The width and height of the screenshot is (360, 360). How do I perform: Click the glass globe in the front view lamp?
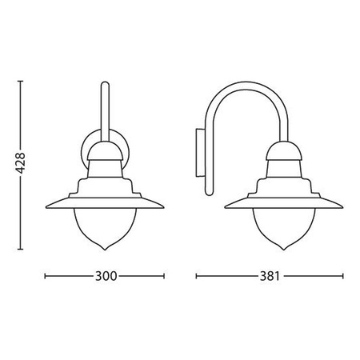coord(106,225)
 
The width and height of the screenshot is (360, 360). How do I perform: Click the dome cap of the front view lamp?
coord(106,148)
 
